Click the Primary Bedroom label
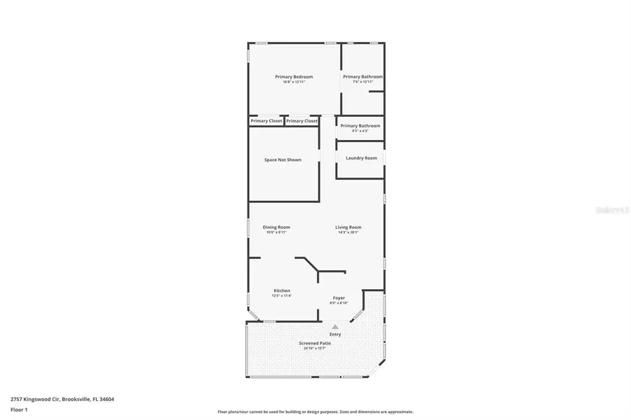click(x=294, y=76)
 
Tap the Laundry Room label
click(x=361, y=158)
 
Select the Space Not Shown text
click(x=283, y=160)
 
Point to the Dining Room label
click(x=276, y=227)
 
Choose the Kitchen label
click(x=281, y=290)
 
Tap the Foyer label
click(x=339, y=297)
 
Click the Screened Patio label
click(x=315, y=343)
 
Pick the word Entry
click(x=335, y=334)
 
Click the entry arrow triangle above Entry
click(x=335, y=326)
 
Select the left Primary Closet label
click(x=266, y=121)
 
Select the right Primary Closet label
click(x=301, y=121)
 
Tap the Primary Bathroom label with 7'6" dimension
click(x=362, y=76)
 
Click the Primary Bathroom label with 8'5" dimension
click(x=360, y=126)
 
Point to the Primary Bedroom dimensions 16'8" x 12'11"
click(x=294, y=82)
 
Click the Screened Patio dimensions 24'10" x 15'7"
click(x=315, y=348)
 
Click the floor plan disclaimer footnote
click(x=315, y=412)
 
